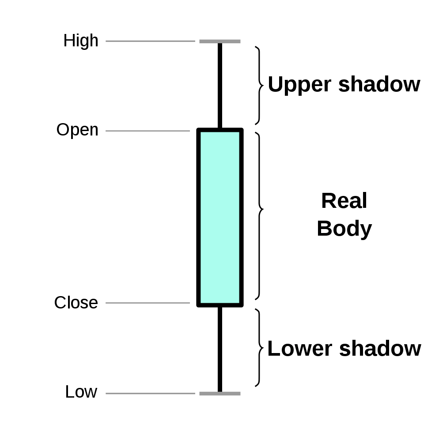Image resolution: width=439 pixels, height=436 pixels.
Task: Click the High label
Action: click(x=81, y=41)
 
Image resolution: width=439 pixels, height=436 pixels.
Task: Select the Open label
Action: click(x=78, y=130)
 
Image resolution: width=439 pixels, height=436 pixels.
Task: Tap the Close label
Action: click(x=76, y=303)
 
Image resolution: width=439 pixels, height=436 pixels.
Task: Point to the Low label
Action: click(x=81, y=391)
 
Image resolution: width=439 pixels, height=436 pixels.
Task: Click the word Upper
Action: click(x=299, y=84)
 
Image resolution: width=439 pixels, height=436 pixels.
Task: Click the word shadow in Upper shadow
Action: click(x=379, y=84)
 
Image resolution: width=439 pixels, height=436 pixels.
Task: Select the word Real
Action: click(x=344, y=200)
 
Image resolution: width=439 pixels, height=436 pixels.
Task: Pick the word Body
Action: click(x=344, y=229)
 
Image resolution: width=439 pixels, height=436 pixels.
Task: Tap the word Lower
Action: click(x=300, y=349)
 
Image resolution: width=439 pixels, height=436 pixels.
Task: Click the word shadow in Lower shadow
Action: click(x=380, y=349)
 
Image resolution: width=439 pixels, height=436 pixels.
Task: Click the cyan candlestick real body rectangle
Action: click(x=220, y=218)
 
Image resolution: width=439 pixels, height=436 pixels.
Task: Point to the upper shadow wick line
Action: click(x=220, y=86)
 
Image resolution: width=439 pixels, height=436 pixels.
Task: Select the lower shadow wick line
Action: click(x=220, y=350)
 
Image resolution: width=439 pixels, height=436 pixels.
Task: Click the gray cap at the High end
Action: click(x=220, y=41)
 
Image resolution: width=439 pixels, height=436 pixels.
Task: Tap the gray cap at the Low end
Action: click(x=220, y=394)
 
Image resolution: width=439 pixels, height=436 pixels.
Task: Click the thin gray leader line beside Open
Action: click(x=148, y=131)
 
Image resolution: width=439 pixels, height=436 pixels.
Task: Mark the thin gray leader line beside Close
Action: click(x=148, y=303)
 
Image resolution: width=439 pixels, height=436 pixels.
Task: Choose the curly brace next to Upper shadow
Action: click(x=260, y=85)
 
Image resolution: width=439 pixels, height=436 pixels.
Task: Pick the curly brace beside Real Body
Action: click(x=260, y=216)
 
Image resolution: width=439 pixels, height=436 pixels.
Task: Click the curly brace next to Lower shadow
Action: click(x=260, y=348)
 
